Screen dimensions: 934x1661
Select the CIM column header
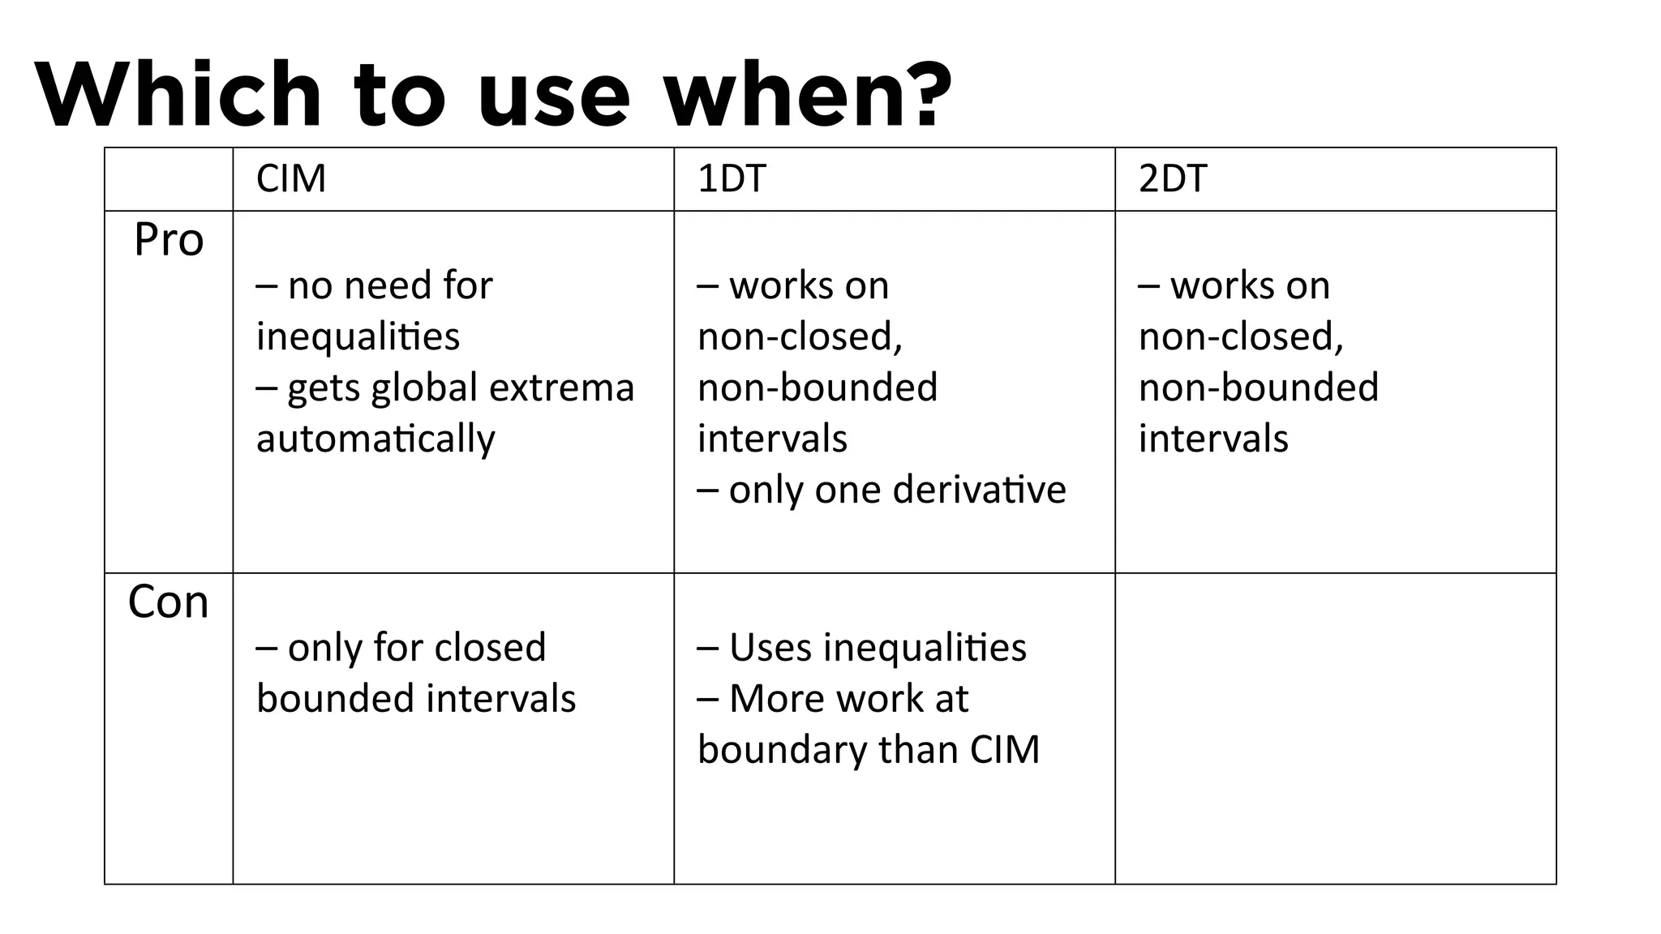291,178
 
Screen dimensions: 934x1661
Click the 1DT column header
732,178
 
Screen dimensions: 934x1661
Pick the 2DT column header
1173,178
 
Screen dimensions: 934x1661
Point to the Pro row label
169,240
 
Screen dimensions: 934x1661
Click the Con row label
169,602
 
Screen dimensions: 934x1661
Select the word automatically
376,439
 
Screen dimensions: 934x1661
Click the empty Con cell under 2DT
1335,728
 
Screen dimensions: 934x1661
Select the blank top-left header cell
169,179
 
